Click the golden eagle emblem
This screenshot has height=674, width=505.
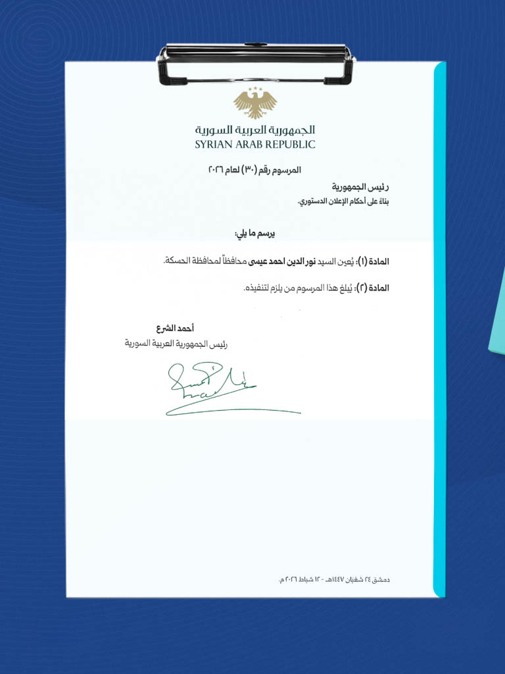click(255, 103)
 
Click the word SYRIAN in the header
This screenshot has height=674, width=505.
click(213, 144)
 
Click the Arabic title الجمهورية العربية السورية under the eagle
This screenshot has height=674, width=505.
click(255, 130)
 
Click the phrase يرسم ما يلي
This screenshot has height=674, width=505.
click(254, 234)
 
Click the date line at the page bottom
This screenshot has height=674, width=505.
click(335, 579)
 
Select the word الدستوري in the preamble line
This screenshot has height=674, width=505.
click(317, 200)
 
